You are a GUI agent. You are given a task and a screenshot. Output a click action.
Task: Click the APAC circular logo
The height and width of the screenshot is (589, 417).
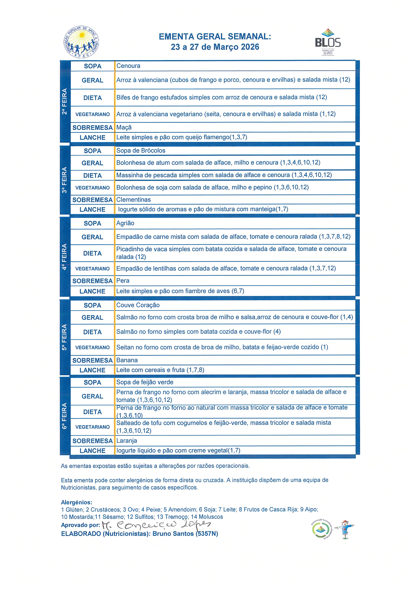click(81, 43)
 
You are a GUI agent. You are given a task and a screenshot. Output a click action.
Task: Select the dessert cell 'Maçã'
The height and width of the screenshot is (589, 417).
click(124, 128)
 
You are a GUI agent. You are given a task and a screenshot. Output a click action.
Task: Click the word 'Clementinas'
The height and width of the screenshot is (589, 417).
click(134, 200)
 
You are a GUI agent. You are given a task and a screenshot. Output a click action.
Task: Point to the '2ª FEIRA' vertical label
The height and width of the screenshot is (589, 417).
click(65, 101)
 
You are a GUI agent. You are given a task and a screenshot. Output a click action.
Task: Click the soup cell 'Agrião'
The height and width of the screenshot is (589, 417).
click(125, 223)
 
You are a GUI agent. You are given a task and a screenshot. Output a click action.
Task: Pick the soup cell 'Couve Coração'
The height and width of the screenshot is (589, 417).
click(138, 305)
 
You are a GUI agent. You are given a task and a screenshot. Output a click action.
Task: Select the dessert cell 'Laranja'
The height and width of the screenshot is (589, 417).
click(127, 441)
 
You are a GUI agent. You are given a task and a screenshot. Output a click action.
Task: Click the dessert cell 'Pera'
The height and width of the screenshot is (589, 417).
click(123, 281)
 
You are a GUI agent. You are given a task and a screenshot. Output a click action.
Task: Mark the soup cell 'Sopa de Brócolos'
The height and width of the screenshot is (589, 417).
click(141, 151)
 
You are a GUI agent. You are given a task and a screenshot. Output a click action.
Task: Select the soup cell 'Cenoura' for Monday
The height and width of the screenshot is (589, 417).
click(128, 66)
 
